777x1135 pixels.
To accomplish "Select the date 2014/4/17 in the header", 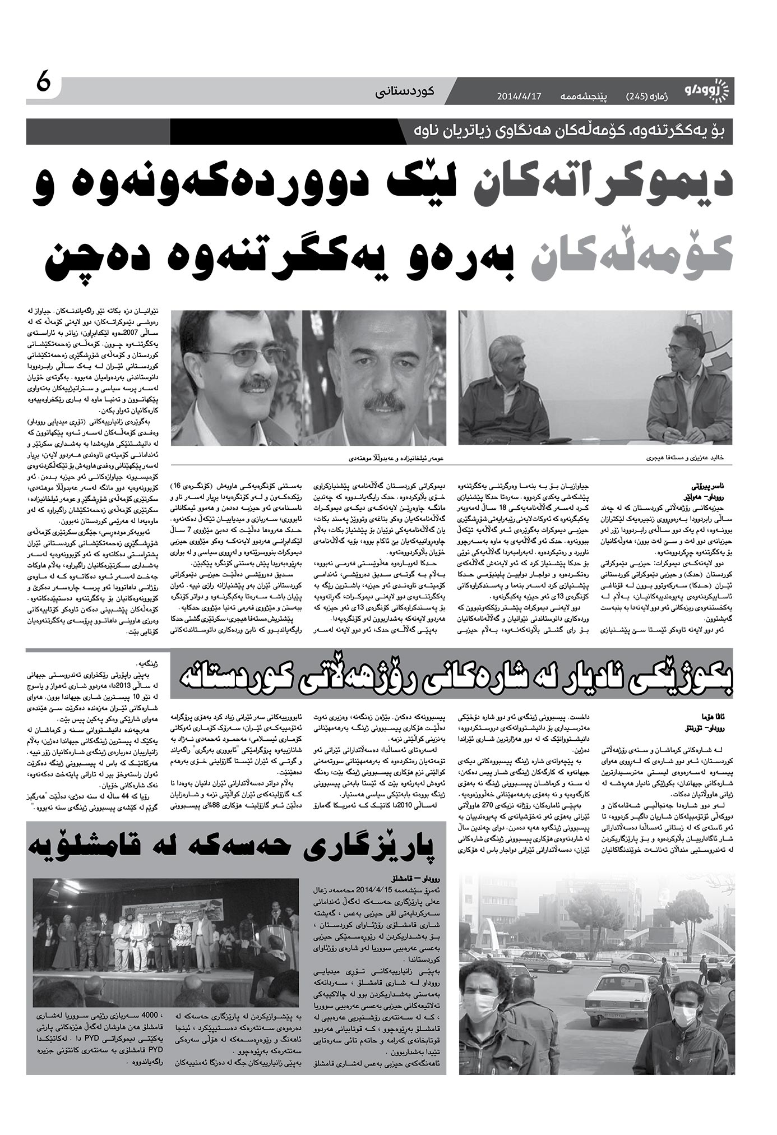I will click(x=519, y=96).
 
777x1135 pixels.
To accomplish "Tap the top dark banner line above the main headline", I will click(x=379, y=132).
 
